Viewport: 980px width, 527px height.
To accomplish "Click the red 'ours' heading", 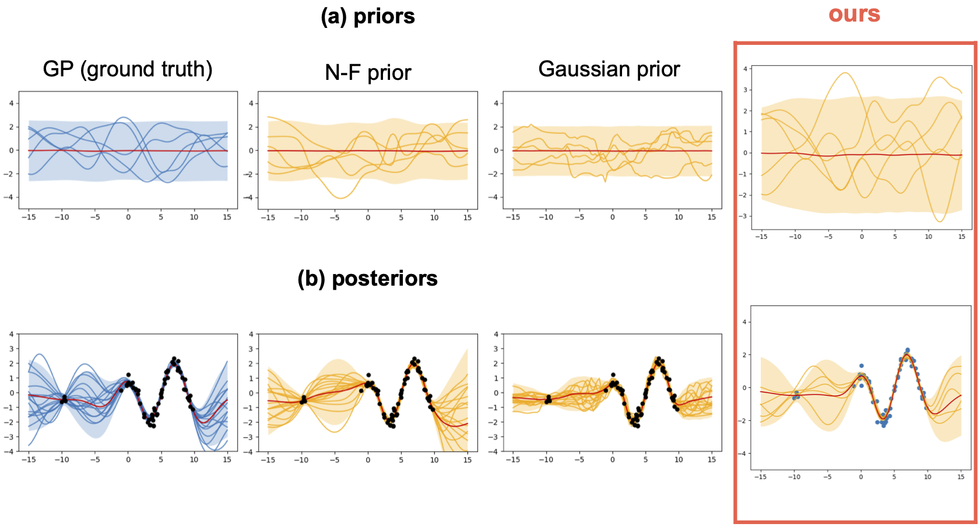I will pyautogui.click(x=854, y=14).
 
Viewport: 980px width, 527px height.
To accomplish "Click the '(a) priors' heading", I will pyautogui.click(x=368, y=16).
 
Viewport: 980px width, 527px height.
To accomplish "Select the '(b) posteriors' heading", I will pyautogui.click(x=367, y=279).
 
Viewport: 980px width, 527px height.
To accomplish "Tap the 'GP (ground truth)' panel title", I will pyautogui.click(x=128, y=69).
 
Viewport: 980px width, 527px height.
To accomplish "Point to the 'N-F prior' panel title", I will pyautogui.click(x=368, y=73).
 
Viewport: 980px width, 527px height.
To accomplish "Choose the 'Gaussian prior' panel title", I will pyautogui.click(x=609, y=69).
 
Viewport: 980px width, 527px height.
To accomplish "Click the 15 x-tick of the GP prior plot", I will pyautogui.click(x=227, y=217).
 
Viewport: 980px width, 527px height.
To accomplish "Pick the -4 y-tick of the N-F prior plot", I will pyautogui.click(x=251, y=197).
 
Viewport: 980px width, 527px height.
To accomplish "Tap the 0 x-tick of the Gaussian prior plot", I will pyautogui.click(x=612, y=217).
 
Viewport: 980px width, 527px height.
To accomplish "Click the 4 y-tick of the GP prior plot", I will pyautogui.click(x=11, y=104).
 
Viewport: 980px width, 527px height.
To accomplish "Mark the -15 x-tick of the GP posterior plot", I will pyautogui.click(x=28, y=460).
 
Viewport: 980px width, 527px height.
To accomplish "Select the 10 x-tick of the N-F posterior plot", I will pyautogui.click(x=434, y=460).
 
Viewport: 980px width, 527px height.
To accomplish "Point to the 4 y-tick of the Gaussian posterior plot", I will pyautogui.click(x=496, y=335).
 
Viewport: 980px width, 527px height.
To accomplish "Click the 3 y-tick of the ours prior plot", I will pyautogui.click(x=745, y=90).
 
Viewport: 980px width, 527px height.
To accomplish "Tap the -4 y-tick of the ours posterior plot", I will pyautogui.click(x=744, y=454).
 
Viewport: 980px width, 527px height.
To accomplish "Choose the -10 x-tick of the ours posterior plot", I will pyautogui.click(x=794, y=477).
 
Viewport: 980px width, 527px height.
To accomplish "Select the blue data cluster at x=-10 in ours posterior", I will pyautogui.click(x=796, y=395).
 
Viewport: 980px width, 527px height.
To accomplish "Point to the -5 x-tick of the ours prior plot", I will pyautogui.click(x=828, y=237).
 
